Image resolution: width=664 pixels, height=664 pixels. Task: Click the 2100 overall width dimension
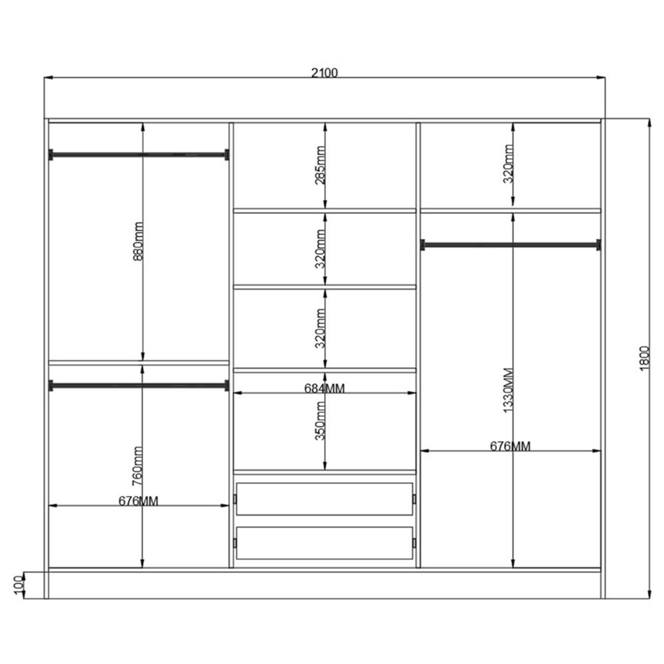pos(325,73)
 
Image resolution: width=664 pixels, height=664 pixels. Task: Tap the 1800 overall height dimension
pos(643,359)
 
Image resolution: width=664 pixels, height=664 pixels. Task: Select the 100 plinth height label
pos(18,585)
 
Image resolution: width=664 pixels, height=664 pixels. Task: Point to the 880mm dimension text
pos(138,241)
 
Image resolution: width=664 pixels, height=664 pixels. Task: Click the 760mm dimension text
pos(137,466)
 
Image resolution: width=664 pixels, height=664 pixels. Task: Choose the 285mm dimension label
pos(320,165)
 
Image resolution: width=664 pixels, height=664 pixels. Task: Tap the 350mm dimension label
pos(320,420)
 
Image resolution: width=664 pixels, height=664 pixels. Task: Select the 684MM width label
pos(325,388)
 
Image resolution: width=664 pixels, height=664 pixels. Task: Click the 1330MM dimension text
pos(508,390)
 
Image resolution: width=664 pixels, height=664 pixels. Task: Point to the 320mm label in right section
pos(508,164)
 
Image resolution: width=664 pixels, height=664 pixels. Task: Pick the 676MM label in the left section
pos(138,501)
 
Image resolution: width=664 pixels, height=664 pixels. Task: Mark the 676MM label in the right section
pos(510,446)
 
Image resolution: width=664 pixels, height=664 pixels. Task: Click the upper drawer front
pos(325,499)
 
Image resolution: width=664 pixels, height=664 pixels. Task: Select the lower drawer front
pos(325,543)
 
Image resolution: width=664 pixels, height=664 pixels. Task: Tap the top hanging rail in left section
pos(139,155)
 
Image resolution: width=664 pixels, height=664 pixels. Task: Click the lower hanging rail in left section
pos(139,386)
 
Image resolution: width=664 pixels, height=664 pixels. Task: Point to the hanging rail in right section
pos(510,245)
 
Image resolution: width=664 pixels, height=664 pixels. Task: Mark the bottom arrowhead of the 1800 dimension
pos(649,594)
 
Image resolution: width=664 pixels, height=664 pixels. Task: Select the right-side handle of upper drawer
pos(414,499)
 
